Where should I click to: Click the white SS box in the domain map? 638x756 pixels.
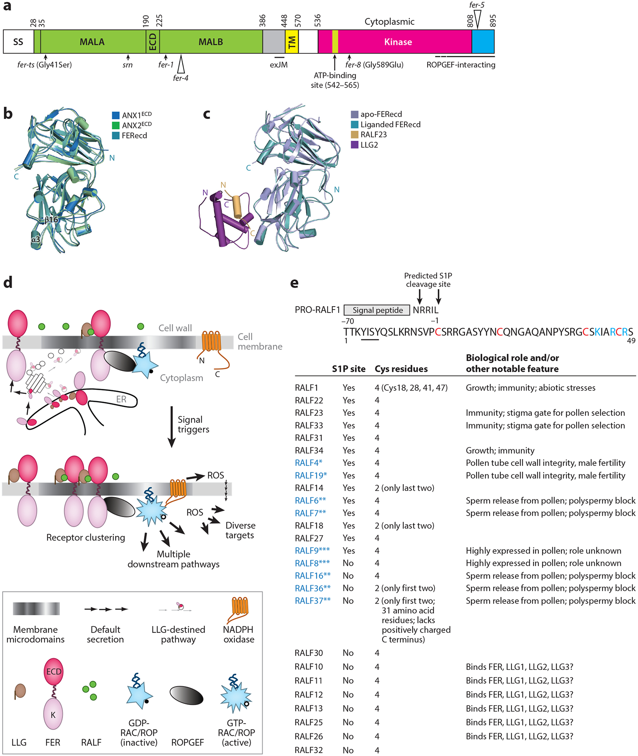pyautogui.click(x=18, y=42)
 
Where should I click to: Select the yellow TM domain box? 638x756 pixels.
pyautogui.click(x=291, y=42)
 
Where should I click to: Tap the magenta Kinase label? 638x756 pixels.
pyautogui.click(x=398, y=42)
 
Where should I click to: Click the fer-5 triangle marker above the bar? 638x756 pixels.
pyautogui.click(x=477, y=19)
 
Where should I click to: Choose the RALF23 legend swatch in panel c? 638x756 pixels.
pyautogui.click(x=354, y=135)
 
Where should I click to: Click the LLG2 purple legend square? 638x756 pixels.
pyautogui.click(x=354, y=145)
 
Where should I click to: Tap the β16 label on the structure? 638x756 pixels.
pyautogui.click(x=51, y=220)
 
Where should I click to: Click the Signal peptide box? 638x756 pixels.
pyautogui.click(x=377, y=310)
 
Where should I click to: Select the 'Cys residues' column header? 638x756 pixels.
pyautogui.click(x=401, y=369)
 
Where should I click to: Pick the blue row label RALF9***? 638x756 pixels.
pyautogui.click(x=312, y=551)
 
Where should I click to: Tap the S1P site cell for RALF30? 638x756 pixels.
pyautogui.click(x=348, y=653)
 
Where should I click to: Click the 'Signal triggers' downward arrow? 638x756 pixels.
pyautogui.click(x=171, y=426)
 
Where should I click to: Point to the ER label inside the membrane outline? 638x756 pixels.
pyautogui.click(x=121, y=399)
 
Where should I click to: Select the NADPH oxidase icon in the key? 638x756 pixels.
pyautogui.click(x=239, y=609)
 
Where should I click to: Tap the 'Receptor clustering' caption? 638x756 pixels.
pyautogui.click(x=86, y=538)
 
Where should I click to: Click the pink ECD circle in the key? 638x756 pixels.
pyautogui.click(x=53, y=671)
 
